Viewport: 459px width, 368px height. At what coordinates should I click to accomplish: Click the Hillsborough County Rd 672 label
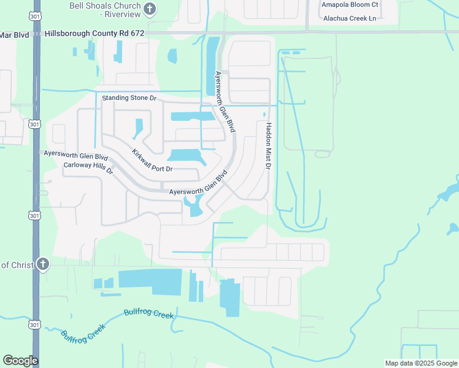point(94,34)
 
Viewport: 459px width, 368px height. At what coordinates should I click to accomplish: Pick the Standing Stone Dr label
point(129,98)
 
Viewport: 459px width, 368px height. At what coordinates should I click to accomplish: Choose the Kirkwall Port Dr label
point(152,161)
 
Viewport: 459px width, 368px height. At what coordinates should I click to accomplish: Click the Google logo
point(20,361)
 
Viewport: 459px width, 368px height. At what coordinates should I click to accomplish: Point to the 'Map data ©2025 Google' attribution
point(420,363)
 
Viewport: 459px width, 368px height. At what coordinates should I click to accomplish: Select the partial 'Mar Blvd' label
point(15,34)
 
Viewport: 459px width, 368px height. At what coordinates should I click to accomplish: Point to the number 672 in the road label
point(136,34)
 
